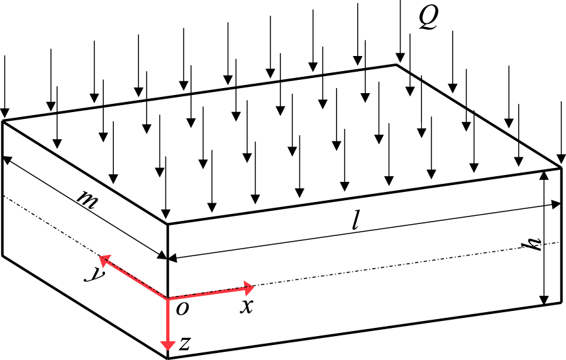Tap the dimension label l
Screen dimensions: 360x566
tap(357, 222)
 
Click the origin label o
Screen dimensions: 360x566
tap(182, 308)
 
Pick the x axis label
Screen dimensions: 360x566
tap(247, 307)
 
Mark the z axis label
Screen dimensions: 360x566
tap(184, 344)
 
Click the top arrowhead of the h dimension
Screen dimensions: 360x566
tap(545, 174)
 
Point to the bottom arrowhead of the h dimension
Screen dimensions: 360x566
tap(545, 298)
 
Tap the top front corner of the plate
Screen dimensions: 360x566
tap(167, 223)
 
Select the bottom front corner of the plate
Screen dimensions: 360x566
tap(167, 358)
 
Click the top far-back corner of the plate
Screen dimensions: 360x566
tap(396, 64)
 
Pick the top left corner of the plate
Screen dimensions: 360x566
tap(3, 121)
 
